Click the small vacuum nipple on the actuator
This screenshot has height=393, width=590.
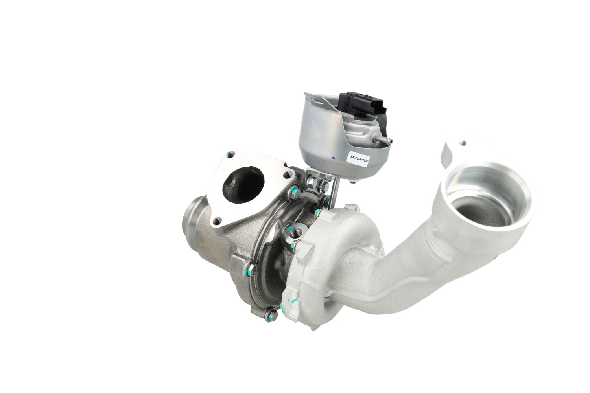point(385,140)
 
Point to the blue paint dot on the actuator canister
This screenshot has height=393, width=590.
point(334,158)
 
